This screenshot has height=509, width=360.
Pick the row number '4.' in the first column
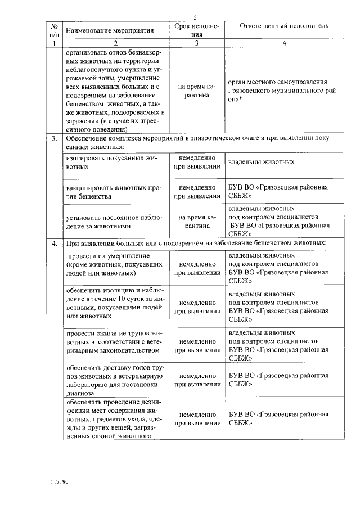pyautogui.click(x=55, y=244)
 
